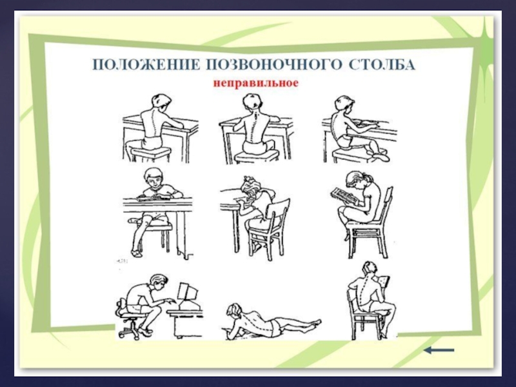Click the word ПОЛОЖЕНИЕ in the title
146,65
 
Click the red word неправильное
255,83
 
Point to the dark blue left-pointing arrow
439,350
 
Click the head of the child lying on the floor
234,311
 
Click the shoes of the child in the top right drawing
380,155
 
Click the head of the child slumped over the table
252,188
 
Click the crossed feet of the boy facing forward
135,252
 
